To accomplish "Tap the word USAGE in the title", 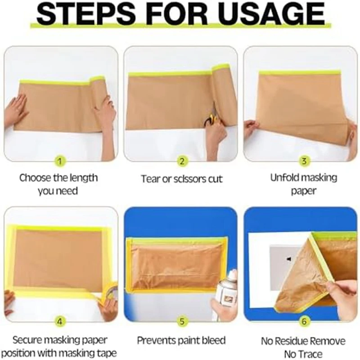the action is [x=271, y=13].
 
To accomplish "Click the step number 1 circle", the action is [x=60, y=162].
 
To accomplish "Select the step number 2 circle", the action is [x=182, y=162].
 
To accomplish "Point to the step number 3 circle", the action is [x=304, y=161].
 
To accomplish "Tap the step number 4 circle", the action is [x=60, y=322].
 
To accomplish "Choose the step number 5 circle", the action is [x=182, y=321].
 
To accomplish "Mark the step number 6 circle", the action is [x=304, y=321].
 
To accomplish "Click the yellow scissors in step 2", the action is [x=211, y=120].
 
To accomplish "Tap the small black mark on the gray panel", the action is [x=289, y=259].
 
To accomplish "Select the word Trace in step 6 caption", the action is [x=311, y=354].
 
